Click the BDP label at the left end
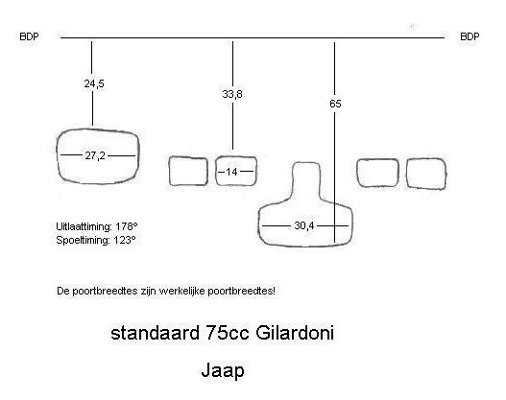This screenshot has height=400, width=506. pos(29,36)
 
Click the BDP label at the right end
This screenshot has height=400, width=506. pos(470,36)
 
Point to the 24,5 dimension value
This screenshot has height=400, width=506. pos(94,83)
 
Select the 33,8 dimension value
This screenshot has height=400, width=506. pos(232,94)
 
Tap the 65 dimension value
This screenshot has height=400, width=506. pos(335,104)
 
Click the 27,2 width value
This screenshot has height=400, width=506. pos(95,156)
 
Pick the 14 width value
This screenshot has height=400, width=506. pos(231,172)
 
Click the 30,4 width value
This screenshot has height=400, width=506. pos(304,225)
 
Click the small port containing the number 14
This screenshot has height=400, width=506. pos(216,171)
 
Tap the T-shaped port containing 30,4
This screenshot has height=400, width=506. pos(259,225)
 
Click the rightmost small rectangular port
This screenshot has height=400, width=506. pos(406,173)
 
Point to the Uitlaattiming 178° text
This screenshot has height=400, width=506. pos(97,226)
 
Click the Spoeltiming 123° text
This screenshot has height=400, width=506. pos(96,240)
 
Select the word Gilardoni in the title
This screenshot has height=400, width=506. pos(295,333)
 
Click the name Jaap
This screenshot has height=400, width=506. pos(223,370)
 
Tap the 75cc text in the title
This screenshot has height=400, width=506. pos(228,333)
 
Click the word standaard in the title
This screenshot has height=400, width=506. pos(155,333)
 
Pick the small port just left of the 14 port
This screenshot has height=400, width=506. pos(169,171)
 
